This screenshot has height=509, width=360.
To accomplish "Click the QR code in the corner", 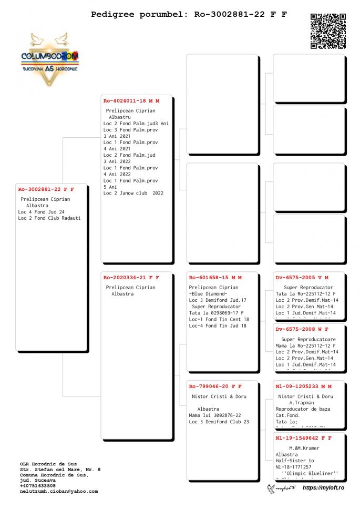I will (328, 31).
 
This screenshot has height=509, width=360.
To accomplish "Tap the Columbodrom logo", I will (50, 59).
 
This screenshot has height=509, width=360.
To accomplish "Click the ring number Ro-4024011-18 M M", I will (131, 100).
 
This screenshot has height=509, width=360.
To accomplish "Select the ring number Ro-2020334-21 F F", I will (131, 277).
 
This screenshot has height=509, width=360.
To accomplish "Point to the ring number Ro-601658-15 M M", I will (215, 277).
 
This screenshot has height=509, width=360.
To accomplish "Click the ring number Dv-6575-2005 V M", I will (302, 277).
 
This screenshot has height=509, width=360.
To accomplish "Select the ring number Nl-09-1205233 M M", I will (304, 386).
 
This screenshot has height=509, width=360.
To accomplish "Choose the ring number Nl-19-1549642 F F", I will (304, 437).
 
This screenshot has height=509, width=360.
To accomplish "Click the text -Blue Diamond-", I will (208, 294).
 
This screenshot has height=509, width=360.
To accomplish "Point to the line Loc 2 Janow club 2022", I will (133, 193).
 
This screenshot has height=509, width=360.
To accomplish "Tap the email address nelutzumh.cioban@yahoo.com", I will (59, 491).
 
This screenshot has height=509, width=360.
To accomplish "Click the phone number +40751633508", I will (38, 485).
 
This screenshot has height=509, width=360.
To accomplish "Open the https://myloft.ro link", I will (323, 488).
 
